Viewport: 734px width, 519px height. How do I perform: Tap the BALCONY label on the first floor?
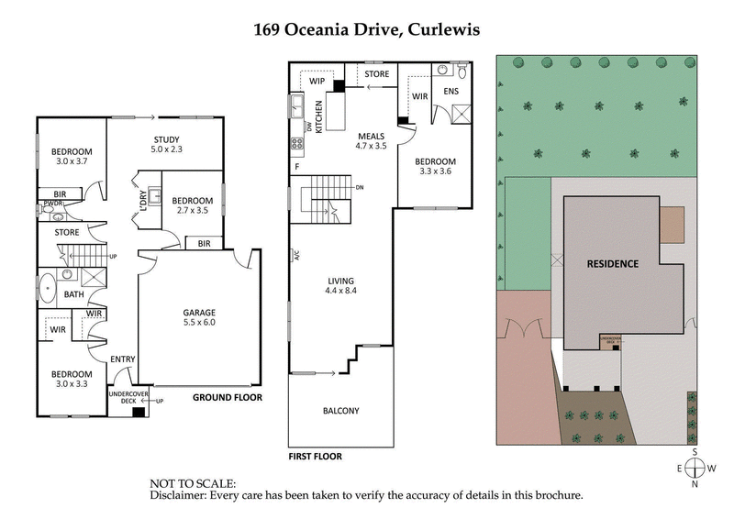click(x=340, y=411)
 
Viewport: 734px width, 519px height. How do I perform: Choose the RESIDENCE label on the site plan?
click(x=612, y=263)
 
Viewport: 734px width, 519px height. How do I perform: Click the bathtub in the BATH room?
click(x=45, y=287)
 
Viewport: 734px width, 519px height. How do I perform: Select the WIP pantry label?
click(x=317, y=82)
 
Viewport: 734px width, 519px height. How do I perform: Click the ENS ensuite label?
click(x=450, y=92)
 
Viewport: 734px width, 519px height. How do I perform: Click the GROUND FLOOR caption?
click(x=227, y=398)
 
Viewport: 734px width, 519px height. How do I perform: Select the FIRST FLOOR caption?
click(x=315, y=456)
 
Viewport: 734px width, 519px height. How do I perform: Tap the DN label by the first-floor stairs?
click(x=360, y=188)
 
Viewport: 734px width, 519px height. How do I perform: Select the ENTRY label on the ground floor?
click(x=122, y=359)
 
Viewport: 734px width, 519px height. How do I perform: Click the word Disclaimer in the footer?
click(x=183, y=495)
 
